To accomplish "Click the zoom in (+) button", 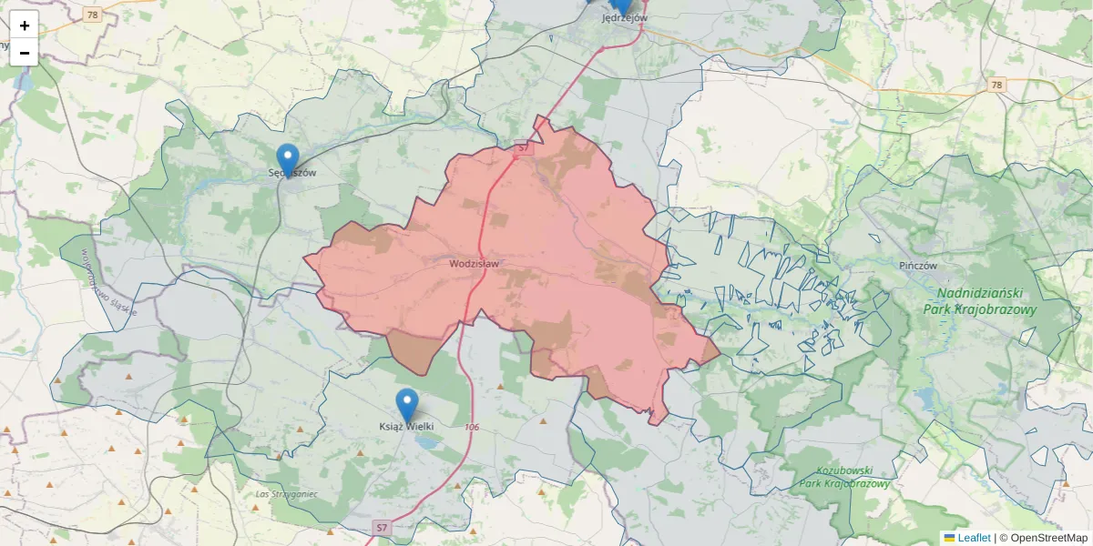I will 25,25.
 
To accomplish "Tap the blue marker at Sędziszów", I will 288,158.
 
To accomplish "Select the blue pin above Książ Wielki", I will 407,404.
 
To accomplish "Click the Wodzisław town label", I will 474,264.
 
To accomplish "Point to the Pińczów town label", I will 917,266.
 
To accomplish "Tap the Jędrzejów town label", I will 625,17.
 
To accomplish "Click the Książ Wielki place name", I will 406,426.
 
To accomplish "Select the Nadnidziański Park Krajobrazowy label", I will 979,301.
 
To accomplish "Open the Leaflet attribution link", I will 974,538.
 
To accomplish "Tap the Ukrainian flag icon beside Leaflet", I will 949,538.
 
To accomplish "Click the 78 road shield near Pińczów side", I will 997,85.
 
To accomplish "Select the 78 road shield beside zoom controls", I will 91,15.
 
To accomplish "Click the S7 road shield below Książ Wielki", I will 382,528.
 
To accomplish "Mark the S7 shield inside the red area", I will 523,147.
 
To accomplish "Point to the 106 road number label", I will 471,427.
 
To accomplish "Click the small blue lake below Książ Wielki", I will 424,442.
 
